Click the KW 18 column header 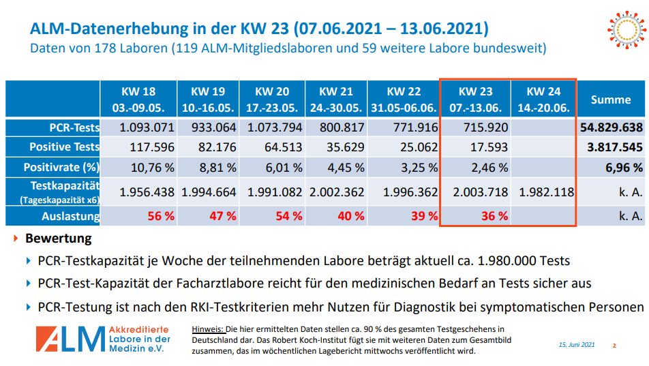point(139,100)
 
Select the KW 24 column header point(543,100)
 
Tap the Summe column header point(611,100)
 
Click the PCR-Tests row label point(75,127)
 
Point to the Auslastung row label point(70,216)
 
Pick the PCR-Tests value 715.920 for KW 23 point(485,127)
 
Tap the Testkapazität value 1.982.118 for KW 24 point(545,192)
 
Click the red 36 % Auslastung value point(494,216)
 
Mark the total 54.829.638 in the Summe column point(612,127)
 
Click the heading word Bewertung point(59,239)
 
